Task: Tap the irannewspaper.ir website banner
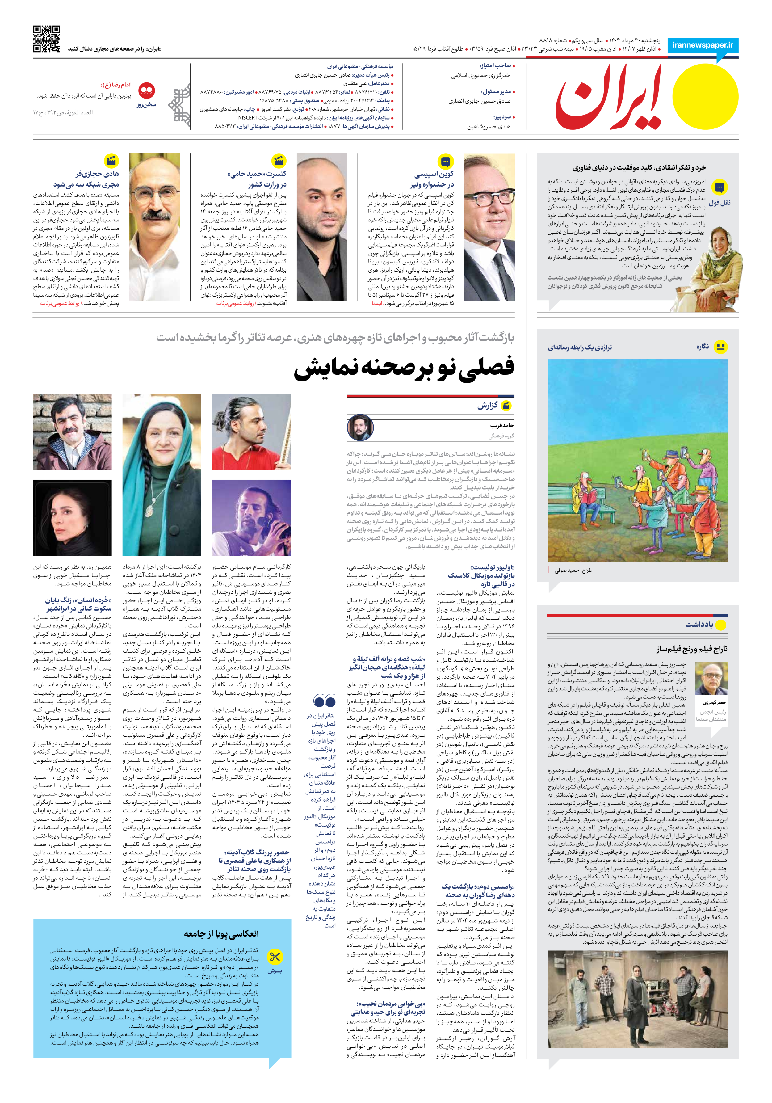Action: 702,45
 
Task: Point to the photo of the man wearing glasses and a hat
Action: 489,227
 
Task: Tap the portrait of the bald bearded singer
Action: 321,227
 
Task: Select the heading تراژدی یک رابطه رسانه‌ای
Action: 580,347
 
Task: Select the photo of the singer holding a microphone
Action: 251,517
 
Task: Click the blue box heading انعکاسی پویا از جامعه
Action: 221,933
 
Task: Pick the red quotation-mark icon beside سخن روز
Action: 146,90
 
